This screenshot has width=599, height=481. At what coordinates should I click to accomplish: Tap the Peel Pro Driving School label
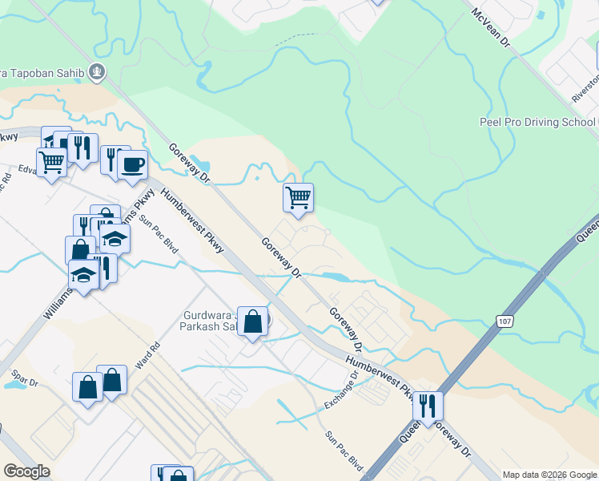pos(537,122)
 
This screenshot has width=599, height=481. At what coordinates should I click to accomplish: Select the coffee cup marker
pos(132,165)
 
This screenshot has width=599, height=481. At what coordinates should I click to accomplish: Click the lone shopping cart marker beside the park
pos(298,196)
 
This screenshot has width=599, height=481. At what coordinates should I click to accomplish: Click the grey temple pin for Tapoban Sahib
pos(97,72)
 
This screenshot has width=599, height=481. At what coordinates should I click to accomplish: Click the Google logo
pos(27,471)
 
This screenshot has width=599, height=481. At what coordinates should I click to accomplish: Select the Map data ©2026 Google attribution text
pos(549,475)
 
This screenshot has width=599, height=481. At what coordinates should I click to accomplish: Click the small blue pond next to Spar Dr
pos(14,384)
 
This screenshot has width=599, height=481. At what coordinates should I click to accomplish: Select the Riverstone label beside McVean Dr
pos(583,87)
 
